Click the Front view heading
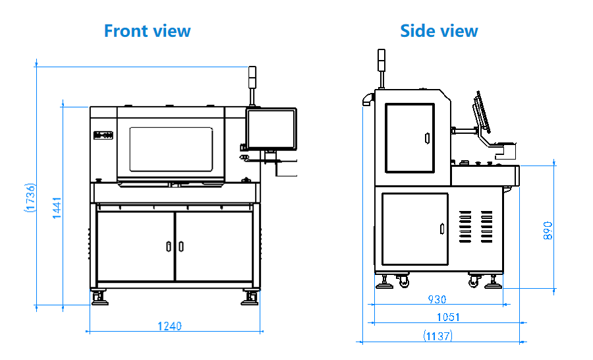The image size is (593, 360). (147, 30)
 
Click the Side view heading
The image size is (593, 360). (439, 30)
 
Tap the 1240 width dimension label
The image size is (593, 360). (169, 326)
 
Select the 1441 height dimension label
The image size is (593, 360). (57, 208)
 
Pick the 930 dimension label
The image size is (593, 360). (437, 299)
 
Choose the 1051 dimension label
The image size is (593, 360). (448, 317)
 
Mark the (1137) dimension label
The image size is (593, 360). (438, 336)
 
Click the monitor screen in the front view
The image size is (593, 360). (271, 129)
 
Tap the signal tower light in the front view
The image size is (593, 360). (251, 78)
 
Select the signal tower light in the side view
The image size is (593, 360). (380, 61)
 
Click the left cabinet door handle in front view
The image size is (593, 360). (169, 246)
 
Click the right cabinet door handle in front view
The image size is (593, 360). (181, 246)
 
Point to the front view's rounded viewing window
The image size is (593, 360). (171, 149)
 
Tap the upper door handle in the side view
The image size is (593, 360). (426, 138)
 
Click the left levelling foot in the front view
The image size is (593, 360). (99, 297)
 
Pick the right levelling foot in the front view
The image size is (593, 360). (250, 297)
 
